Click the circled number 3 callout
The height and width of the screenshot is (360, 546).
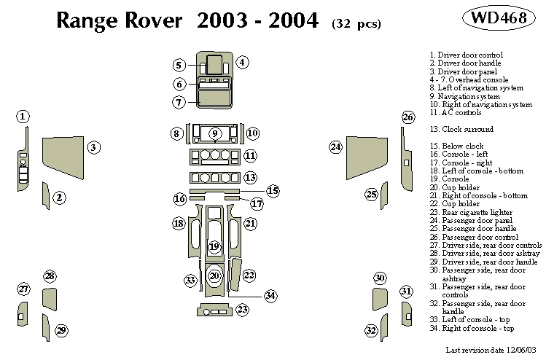pyautogui.click(x=93, y=148)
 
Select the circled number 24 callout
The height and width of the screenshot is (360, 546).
pyautogui.click(x=335, y=147)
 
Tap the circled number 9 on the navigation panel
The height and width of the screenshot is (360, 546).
pyautogui.click(x=215, y=133)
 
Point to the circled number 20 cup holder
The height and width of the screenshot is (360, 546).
pyautogui.click(x=214, y=275)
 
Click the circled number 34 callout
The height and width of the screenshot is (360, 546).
pyautogui.click(x=270, y=296)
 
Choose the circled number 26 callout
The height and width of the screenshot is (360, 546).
pyautogui.click(x=408, y=117)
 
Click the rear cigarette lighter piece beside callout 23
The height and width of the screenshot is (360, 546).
pyautogui.click(x=213, y=311)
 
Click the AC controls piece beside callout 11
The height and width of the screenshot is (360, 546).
pyautogui.click(x=214, y=156)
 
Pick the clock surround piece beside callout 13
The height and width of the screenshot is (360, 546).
pyautogui.click(x=214, y=178)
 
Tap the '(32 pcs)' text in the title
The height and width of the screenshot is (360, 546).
pyautogui.click(x=356, y=23)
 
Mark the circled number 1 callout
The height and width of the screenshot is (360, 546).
pyautogui.click(x=23, y=117)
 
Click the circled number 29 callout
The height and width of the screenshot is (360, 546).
pyautogui.click(x=62, y=331)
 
